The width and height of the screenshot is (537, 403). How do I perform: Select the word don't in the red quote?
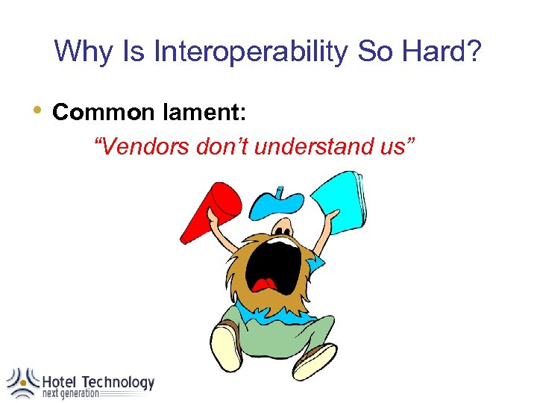click(x=222, y=147)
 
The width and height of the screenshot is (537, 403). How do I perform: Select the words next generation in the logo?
click(x=70, y=394)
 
